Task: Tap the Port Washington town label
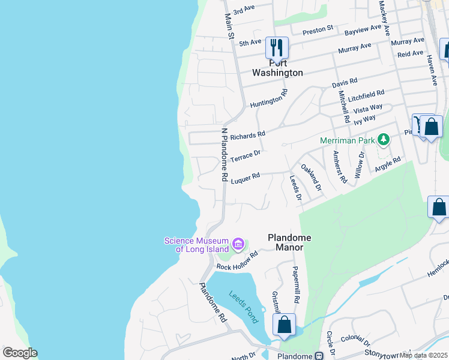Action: (277, 68)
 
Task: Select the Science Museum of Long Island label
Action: (196, 245)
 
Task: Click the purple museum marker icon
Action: (238, 244)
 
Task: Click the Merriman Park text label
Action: (346, 140)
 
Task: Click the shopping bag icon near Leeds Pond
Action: (285, 325)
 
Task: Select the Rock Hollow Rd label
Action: (237, 262)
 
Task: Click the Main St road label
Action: (229, 27)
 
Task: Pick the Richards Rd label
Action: (247, 136)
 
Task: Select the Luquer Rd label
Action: (245, 177)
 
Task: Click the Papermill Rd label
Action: (295, 284)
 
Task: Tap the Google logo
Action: (20, 352)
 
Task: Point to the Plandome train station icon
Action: (318, 356)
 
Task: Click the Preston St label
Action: (318, 29)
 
